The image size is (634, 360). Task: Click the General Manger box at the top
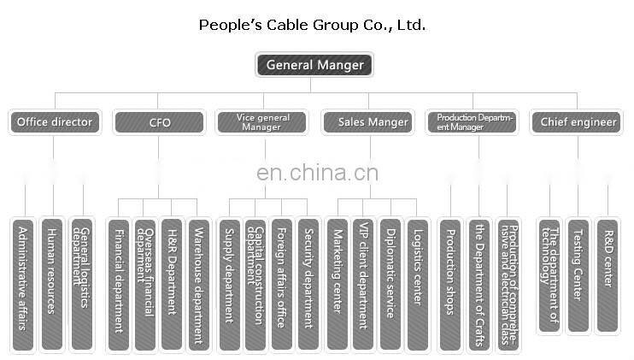(314, 64)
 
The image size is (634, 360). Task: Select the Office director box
(53, 122)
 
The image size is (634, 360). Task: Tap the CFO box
(159, 122)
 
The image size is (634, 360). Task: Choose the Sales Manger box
(370, 122)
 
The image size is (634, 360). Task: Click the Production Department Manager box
(475, 122)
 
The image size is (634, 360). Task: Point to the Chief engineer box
(578, 122)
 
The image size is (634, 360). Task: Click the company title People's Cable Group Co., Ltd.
(312, 25)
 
